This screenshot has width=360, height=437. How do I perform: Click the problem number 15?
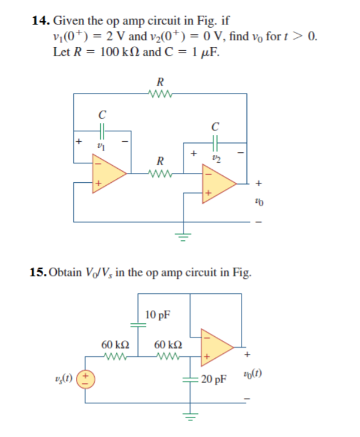click(x=37, y=272)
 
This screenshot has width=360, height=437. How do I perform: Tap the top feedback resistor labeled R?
click(x=160, y=94)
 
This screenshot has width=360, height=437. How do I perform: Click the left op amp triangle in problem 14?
click(x=108, y=173)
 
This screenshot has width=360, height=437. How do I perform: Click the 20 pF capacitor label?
click(x=214, y=380)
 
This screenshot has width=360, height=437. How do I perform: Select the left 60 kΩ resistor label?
click(x=114, y=345)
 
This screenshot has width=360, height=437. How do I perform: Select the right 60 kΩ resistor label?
click(x=166, y=345)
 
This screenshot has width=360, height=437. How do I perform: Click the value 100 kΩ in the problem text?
click(x=121, y=51)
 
